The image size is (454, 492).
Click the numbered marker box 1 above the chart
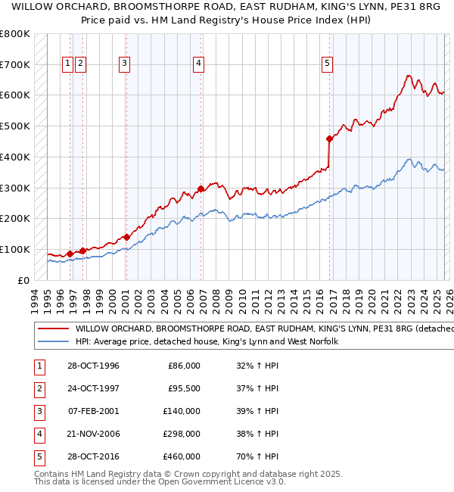point(68,64)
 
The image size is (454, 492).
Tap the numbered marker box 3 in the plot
point(124,64)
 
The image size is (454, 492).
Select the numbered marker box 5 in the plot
point(328,64)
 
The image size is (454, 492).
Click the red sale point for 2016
point(329,139)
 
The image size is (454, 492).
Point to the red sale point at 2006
point(201,188)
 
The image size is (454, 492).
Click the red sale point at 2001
point(126,237)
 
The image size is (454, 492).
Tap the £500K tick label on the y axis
point(15,126)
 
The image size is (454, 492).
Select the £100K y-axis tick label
point(15,249)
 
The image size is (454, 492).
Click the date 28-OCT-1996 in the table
point(93,366)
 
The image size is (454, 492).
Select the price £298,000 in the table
point(184,434)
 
